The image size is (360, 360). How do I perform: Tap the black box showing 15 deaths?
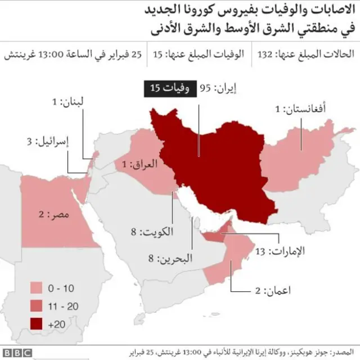click(x=169, y=89)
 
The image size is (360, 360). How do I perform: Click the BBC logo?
click(x=16, y=353)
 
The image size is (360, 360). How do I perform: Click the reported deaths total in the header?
click(x=158, y=55)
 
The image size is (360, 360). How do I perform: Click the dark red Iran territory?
click(x=219, y=157)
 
